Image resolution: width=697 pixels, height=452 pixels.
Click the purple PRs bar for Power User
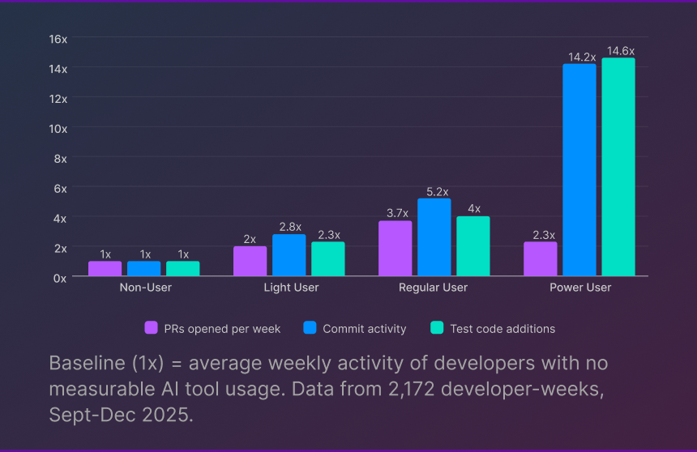tap(541, 259)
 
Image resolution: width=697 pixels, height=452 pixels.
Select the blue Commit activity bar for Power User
tap(579, 170)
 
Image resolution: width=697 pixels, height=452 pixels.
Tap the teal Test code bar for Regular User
tap(473, 246)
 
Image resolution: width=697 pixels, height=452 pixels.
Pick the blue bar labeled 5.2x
tap(434, 237)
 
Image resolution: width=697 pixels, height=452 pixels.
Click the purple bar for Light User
tap(250, 261)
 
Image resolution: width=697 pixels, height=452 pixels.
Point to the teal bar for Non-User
tap(183, 268)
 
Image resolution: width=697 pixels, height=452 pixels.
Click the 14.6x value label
tap(618, 51)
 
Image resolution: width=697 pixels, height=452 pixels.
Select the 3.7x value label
tap(396, 213)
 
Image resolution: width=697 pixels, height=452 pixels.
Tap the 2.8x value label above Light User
tap(289, 227)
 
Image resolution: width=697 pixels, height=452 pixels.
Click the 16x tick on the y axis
tap(58, 39)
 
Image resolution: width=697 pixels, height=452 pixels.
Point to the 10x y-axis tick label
tap(58, 128)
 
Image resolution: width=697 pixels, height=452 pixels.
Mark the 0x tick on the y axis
tap(61, 277)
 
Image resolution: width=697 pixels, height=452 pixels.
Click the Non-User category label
tap(145, 288)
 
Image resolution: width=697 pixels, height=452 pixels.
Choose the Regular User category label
tap(433, 288)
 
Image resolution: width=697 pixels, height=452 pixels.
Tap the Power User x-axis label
tap(579, 288)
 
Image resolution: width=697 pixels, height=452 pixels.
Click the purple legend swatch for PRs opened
tap(151, 328)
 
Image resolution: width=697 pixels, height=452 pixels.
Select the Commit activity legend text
tap(364, 329)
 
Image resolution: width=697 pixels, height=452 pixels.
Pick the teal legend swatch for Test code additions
tap(438, 328)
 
